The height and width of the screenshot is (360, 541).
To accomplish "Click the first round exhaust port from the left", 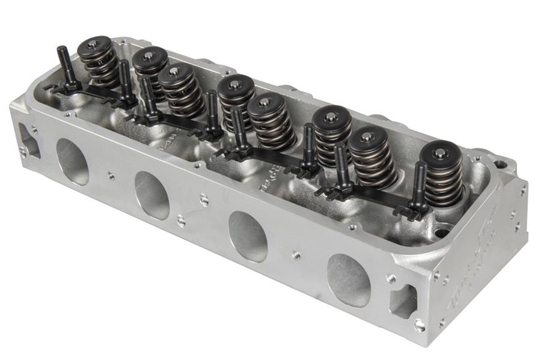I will coord(72,162).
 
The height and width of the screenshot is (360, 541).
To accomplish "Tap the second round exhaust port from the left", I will coord(151,195).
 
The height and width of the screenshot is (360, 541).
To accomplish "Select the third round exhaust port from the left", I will coord(248,236).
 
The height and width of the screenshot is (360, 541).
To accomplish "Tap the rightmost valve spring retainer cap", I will coord(441,153).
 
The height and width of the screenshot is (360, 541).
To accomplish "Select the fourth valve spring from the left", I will coord(236,99).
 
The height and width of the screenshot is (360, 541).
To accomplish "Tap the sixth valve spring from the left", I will coord(331,136).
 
